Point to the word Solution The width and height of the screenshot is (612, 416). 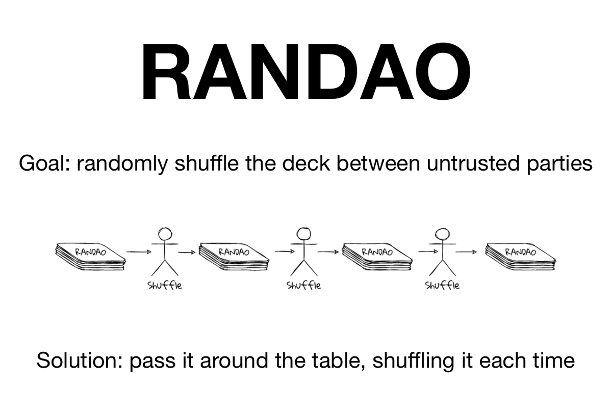76,360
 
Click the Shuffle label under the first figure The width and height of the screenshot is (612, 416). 164,286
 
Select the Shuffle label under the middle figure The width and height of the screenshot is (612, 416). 304,286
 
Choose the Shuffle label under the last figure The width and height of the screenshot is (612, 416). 442,286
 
